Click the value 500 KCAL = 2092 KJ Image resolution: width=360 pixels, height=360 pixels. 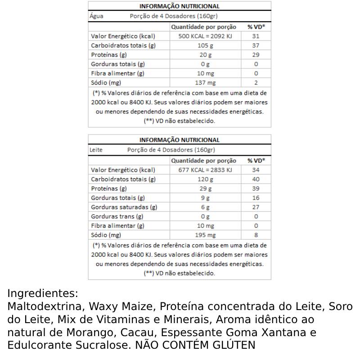[205, 36]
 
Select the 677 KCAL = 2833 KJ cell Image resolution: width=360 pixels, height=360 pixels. [205, 170]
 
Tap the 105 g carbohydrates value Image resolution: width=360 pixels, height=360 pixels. [205, 45]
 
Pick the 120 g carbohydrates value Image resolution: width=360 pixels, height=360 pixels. [205, 179]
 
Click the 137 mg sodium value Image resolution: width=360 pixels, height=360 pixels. [205, 83]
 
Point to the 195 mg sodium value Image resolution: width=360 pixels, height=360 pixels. [205, 235]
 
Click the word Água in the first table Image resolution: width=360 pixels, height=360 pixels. [97, 16]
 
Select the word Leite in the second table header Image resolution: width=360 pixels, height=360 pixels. [96, 149]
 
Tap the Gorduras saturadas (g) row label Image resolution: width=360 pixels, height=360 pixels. [124, 207]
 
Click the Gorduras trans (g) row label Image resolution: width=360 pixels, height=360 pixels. [117, 216]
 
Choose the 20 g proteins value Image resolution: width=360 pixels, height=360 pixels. [205, 55]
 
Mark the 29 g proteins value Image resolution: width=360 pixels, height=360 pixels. [205, 189]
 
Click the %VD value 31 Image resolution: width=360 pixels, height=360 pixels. [256, 36]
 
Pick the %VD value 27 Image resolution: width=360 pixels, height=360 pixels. [256, 207]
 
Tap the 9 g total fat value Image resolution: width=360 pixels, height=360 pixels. [205, 198]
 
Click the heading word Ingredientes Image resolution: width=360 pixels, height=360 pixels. [42, 294]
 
